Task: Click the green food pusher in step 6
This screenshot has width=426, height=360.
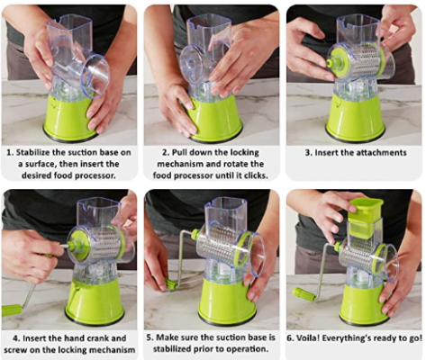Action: (x=366, y=217)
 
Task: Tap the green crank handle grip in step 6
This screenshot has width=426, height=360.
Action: (x=304, y=294)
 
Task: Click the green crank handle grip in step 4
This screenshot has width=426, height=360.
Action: (x=12, y=310)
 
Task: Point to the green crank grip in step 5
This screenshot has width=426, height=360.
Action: (x=170, y=284)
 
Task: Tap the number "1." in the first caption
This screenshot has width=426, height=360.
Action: (x=11, y=152)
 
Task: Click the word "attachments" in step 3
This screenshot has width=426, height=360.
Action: (x=381, y=153)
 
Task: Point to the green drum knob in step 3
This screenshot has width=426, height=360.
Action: (x=331, y=63)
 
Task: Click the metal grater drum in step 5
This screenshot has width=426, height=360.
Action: (x=222, y=245)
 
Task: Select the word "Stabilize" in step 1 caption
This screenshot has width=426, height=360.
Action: (x=32, y=152)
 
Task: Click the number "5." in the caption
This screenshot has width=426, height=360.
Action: (x=150, y=337)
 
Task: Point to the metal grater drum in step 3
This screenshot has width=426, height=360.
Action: (x=357, y=62)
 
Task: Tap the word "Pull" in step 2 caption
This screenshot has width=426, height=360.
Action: (x=179, y=152)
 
